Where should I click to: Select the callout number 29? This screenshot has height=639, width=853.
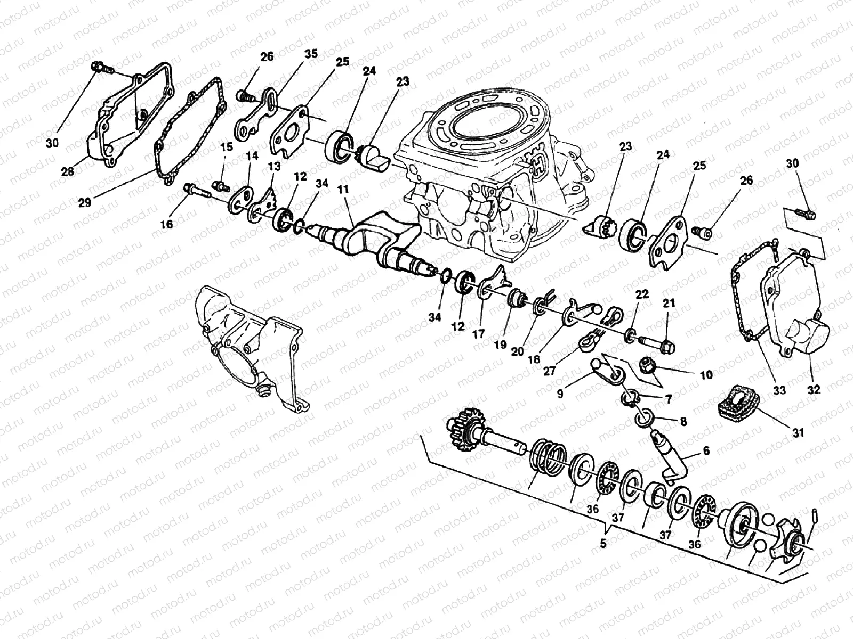pos(85,202)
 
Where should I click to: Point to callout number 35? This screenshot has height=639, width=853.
pos(311,53)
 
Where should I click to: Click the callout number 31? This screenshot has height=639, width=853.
pos(798,433)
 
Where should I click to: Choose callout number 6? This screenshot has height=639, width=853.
pos(706,451)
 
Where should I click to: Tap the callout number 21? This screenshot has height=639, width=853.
pos(669,303)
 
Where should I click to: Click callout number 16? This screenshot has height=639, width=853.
pos(167,225)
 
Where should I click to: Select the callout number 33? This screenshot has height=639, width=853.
pos(779,390)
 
